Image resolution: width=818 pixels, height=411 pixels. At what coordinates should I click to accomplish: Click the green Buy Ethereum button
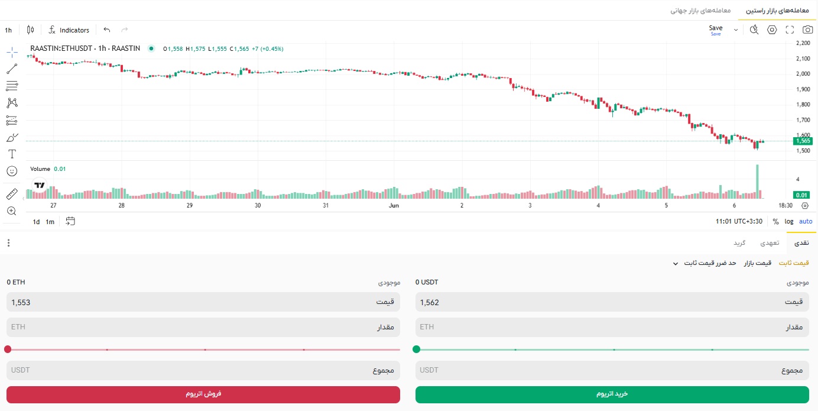612,394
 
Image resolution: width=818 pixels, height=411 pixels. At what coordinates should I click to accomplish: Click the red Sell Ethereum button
203,394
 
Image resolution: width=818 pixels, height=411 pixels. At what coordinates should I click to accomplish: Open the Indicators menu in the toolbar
69,30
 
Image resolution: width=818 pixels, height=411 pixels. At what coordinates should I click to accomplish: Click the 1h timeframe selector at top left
8,30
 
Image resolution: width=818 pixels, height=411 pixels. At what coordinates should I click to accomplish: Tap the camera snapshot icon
808,30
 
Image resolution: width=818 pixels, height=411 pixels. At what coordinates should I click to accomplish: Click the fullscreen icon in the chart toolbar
790,30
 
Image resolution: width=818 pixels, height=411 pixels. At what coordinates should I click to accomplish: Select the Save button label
716,28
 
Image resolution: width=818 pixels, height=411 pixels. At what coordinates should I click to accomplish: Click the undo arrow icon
106,30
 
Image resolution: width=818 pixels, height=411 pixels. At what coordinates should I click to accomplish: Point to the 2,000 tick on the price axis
803,74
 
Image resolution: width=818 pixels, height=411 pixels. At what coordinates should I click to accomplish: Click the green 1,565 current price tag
803,141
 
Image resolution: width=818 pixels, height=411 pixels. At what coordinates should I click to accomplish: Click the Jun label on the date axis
394,205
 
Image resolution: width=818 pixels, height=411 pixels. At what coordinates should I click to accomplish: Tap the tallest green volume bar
757,182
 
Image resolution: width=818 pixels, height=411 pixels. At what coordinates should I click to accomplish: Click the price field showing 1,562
612,302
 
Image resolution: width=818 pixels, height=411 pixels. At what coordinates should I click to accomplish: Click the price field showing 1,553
203,302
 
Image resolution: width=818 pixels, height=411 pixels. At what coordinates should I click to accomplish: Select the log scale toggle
789,221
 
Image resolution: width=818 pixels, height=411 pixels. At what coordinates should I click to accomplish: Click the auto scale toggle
806,221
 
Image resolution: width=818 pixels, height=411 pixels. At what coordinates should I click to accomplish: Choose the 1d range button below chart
36,222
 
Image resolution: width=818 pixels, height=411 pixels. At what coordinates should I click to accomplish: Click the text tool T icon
12,154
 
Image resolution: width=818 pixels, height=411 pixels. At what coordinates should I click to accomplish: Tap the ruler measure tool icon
12,194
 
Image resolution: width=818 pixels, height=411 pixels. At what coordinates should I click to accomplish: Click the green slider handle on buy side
416,349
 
